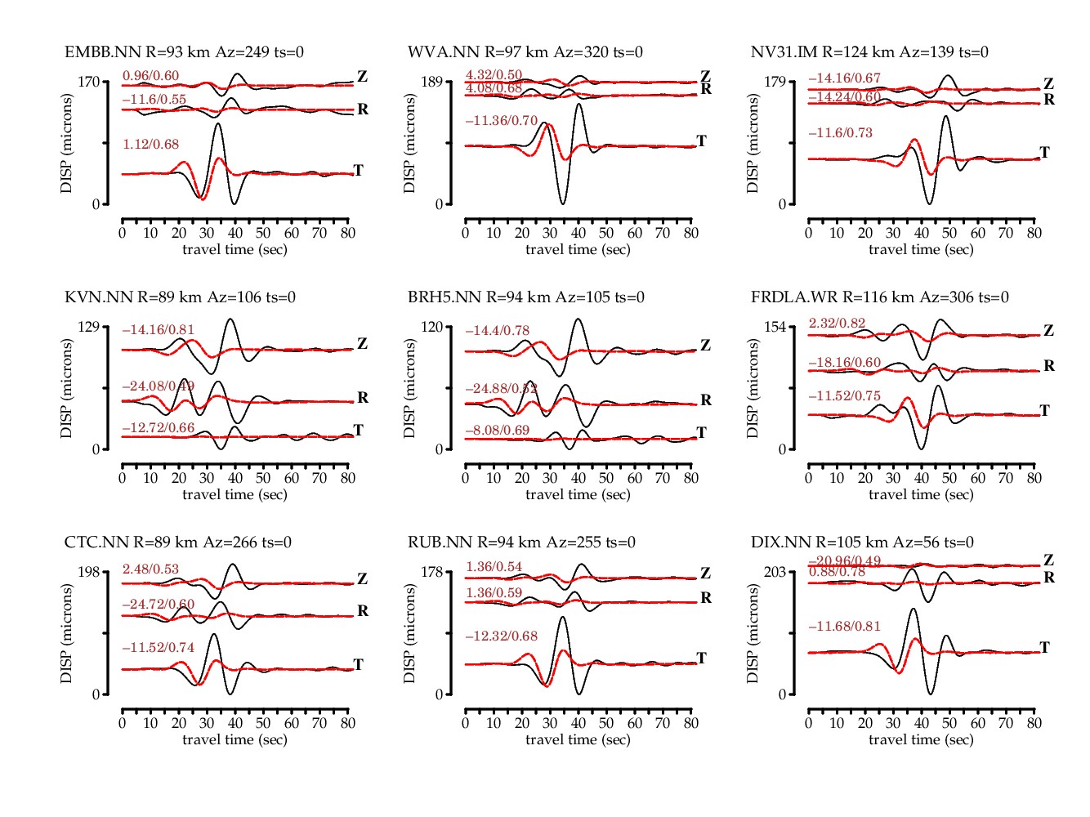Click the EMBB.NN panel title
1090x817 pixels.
(x=184, y=52)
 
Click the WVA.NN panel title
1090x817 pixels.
(x=525, y=52)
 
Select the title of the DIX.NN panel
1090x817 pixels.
(x=862, y=542)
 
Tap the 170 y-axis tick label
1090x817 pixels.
(x=88, y=82)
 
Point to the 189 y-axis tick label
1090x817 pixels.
(x=431, y=82)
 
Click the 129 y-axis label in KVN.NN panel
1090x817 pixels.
(x=88, y=327)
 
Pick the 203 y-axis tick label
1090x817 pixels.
(x=775, y=572)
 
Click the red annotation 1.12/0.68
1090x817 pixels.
(x=151, y=145)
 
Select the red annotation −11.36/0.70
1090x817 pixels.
(x=501, y=121)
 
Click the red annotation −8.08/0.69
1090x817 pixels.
(x=498, y=430)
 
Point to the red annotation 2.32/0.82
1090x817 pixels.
(x=837, y=324)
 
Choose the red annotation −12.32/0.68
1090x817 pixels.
(x=501, y=636)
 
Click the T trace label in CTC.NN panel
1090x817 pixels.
(x=358, y=664)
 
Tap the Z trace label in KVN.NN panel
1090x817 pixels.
(x=363, y=344)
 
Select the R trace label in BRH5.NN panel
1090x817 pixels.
(x=706, y=400)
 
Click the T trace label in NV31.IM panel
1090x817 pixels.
(x=1044, y=153)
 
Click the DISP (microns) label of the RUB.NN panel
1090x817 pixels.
(x=409, y=633)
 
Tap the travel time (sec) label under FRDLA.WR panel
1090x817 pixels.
(x=921, y=494)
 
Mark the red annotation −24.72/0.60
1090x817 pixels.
(x=158, y=604)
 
